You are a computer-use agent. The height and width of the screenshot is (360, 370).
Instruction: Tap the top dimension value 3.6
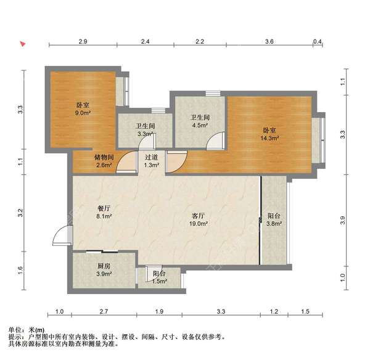[x=269, y=41]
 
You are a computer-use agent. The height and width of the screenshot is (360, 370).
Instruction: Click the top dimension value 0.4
[x=318, y=41]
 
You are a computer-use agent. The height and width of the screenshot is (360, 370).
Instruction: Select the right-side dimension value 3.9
[x=343, y=220]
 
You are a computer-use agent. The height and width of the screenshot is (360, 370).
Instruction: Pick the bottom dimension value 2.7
[x=104, y=312]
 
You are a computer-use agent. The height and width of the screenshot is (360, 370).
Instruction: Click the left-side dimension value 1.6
[x=20, y=269]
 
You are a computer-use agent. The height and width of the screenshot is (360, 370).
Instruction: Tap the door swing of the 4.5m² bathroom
[x=214, y=142]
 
